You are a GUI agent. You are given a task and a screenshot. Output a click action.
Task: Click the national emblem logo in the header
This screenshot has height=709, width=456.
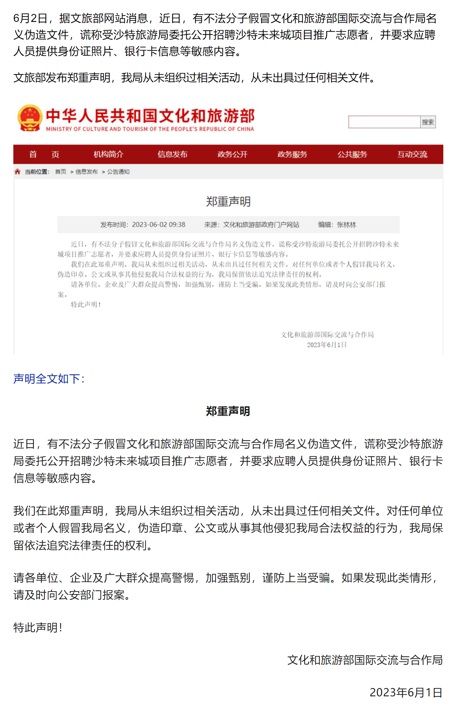point(30,118)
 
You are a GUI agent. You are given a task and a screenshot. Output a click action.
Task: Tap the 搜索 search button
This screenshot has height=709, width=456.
point(428,122)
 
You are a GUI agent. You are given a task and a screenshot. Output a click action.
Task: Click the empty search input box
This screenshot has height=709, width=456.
point(384,122)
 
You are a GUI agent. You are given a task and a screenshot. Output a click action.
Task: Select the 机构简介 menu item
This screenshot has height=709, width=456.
point(108,155)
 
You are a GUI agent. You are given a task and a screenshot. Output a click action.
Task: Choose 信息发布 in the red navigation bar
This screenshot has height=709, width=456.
point(172,155)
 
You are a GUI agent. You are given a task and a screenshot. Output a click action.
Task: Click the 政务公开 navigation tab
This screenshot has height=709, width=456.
point(232,155)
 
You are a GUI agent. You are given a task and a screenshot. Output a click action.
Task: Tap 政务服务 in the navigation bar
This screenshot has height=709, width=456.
point(292,155)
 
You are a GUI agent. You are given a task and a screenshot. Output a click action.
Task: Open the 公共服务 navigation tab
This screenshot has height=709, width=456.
point(352,155)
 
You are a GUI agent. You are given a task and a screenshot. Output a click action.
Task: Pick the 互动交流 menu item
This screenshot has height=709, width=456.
point(412,155)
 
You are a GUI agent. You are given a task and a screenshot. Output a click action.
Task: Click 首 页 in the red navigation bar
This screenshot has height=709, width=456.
point(44,155)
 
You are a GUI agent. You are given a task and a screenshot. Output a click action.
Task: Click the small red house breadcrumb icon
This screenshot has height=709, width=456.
point(17,172)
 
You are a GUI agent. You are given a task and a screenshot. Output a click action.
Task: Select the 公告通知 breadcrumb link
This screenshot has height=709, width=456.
point(118,172)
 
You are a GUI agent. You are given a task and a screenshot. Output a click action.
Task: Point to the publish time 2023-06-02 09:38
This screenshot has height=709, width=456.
point(158,225)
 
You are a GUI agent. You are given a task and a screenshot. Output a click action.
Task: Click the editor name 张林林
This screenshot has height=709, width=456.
point(346,225)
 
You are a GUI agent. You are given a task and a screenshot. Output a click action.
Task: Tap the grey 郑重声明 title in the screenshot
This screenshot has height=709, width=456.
point(228,202)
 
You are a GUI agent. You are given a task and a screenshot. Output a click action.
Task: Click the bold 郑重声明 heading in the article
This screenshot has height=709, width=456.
point(228,411)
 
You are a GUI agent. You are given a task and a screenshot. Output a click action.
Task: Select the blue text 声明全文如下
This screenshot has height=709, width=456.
point(49,379)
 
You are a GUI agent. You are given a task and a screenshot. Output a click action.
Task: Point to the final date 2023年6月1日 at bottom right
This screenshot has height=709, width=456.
point(406,692)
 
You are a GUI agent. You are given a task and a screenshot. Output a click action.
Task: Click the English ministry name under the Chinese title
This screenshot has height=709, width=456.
point(150,129)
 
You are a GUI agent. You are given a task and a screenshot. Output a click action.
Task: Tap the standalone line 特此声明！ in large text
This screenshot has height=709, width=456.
point(38,627)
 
